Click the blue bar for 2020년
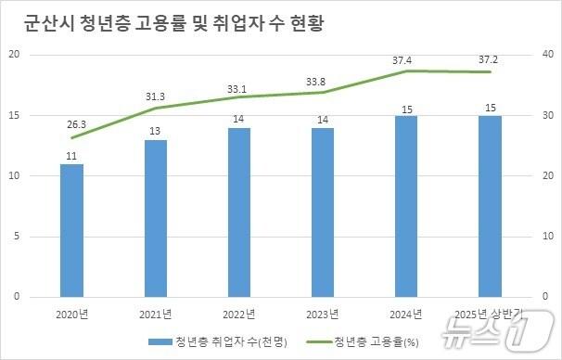(x=71, y=230)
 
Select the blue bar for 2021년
(x=156, y=218)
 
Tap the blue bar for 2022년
(x=239, y=212)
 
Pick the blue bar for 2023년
(x=323, y=212)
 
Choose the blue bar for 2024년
(x=406, y=206)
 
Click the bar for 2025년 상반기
(x=490, y=206)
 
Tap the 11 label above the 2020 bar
(x=71, y=155)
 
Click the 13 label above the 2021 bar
(x=156, y=131)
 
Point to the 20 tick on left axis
(x=14, y=55)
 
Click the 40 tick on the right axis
(x=547, y=55)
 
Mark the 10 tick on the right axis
(x=547, y=237)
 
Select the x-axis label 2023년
(x=323, y=314)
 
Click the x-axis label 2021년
(x=156, y=314)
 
